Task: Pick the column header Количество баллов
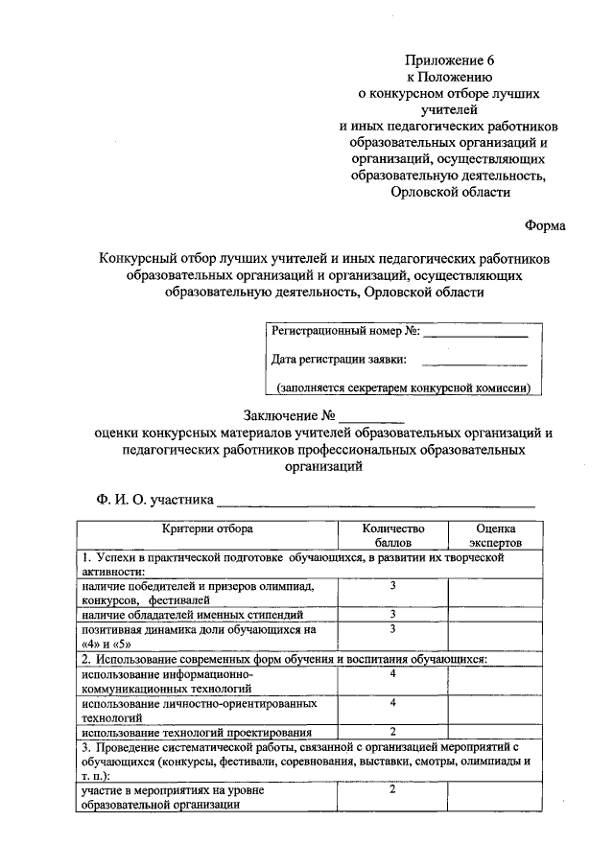point(392,535)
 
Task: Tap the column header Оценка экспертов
point(496,535)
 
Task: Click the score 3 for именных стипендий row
point(392,613)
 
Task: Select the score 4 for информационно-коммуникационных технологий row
point(392,673)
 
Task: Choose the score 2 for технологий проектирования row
point(392,731)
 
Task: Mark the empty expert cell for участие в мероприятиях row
point(496,797)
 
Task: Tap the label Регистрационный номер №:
point(344,332)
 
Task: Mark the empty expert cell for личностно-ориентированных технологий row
point(496,709)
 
